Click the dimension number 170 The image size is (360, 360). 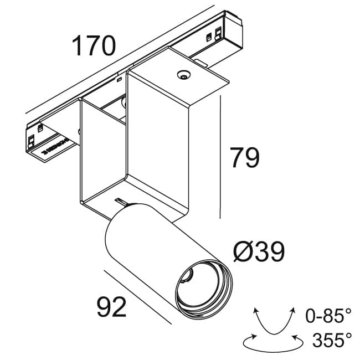point(94,46)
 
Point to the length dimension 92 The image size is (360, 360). point(112,307)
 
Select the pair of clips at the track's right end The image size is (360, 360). point(217,35)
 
